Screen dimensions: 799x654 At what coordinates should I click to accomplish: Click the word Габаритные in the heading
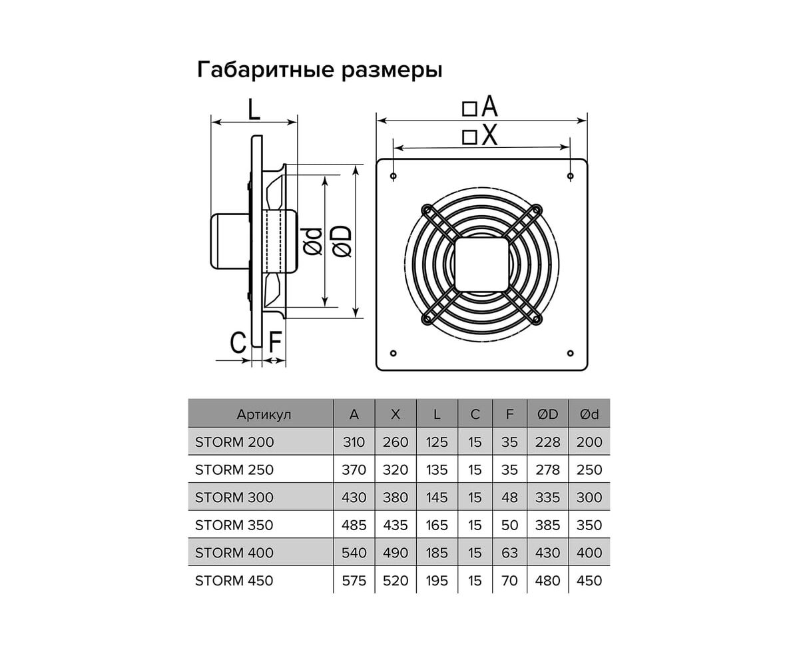click(266, 70)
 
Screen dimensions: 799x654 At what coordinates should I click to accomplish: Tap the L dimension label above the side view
click(254, 109)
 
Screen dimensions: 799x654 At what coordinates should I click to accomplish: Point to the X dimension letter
click(489, 135)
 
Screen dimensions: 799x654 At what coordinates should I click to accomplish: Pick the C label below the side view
click(238, 342)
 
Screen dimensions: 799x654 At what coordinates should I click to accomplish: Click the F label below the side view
click(275, 342)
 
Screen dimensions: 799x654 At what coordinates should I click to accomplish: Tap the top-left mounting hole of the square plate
click(394, 176)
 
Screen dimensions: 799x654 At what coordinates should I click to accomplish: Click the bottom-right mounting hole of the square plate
click(570, 353)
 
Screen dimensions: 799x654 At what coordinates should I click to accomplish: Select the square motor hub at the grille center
click(481, 264)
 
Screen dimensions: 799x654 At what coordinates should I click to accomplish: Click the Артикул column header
click(264, 414)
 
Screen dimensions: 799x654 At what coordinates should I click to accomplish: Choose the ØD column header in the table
click(547, 414)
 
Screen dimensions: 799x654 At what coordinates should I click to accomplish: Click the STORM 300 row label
click(234, 497)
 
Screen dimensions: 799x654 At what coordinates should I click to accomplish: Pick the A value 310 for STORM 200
click(354, 442)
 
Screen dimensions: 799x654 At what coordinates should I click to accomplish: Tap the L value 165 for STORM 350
click(437, 525)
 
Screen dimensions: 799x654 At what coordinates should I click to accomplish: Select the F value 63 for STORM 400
click(509, 553)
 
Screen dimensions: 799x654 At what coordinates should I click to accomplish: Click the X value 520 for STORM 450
click(396, 581)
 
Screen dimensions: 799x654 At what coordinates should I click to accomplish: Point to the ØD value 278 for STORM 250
click(548, 470)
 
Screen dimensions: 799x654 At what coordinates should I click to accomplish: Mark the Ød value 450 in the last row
click(589, 581)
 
